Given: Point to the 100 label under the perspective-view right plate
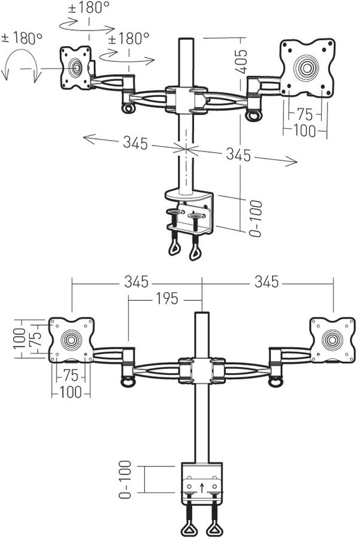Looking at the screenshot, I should point(304,131).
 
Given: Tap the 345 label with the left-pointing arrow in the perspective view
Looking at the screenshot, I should point(135,143).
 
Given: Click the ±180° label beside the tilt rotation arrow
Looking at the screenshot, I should point(23,38).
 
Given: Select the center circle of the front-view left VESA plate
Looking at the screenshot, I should point(71,340).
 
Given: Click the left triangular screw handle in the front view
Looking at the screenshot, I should point(190,529).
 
